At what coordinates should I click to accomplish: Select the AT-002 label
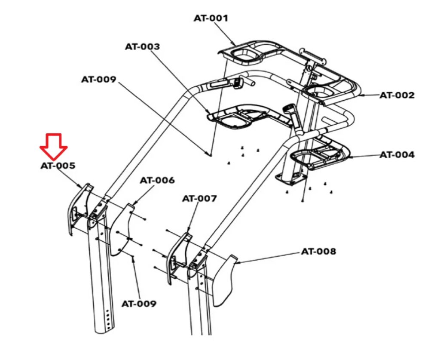point(397,95)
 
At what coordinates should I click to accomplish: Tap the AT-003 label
point(142,46)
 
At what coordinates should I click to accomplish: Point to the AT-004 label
point(397,155)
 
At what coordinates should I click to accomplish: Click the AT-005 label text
point(58,166)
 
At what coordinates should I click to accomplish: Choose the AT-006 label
point(157,180)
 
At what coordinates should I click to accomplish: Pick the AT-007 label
point(199,199)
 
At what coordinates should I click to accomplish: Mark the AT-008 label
point(318,251)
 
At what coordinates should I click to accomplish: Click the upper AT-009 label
point(98,80)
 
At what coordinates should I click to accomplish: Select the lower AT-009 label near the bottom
point(139,304)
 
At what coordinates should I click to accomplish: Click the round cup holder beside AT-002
point(320,92)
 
